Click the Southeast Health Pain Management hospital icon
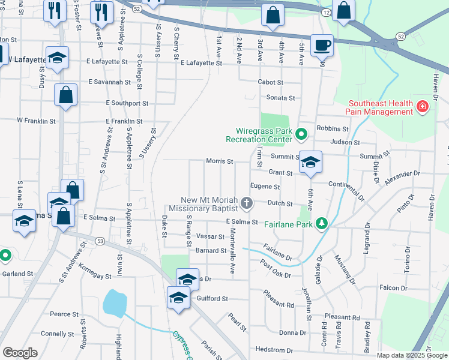pyautogui.click(x=423, y=107)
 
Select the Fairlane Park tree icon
pyautogui.click(x=322, y=223)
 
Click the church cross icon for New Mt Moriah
pyautogui.click(x=246, y=205)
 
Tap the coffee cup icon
pyautogui.click(x=322, y=45)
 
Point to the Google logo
pyautogui.click(x=20, y=353)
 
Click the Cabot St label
pyautogui.click(x=270, y=82)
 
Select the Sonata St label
pyautogui.click(x=281, y=98)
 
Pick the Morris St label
pyautogui.click(x=219, y=161)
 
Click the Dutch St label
pyautogui.click(x=280, y=203)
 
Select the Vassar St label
pyautogui.click(x=209, y=237)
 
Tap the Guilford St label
pyautogui.click(x=212, y=298)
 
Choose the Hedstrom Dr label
pyautogui.click(x=274, y=350)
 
